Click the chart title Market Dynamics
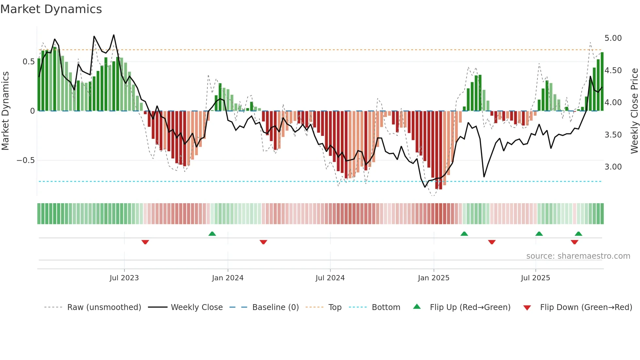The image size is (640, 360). [x=51, y=9]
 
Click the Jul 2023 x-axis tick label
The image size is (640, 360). [x=124, y=278]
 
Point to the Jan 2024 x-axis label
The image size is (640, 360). [x=228, y=278]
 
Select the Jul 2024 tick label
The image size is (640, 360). [x=330, y=278]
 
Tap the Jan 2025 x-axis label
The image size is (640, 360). [x=434, y=278]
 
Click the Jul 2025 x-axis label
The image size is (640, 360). [x=536, y=278]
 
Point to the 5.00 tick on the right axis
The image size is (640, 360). [x=613, y=38]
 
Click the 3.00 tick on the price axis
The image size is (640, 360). [x=613, y=167]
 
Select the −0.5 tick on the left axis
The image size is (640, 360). [x=25, y=160]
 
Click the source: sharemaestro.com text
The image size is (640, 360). [x=578, y=256]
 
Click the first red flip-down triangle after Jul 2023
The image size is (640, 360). [x=145, y=242]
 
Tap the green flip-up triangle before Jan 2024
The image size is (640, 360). [x=212, y=234]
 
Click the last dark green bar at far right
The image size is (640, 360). [x=602, y=82]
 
